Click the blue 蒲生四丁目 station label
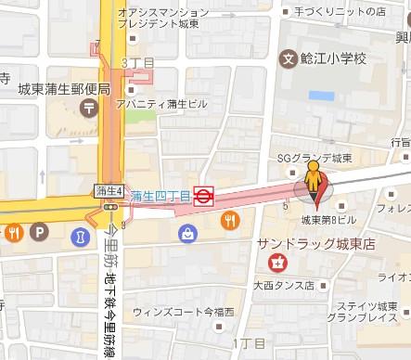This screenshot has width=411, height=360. [160, 196]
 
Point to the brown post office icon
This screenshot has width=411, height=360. [88, 109]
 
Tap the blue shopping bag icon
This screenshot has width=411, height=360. [188, 232]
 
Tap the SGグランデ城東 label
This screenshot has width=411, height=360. [314, 158]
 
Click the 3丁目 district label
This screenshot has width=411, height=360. [135, 61]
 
